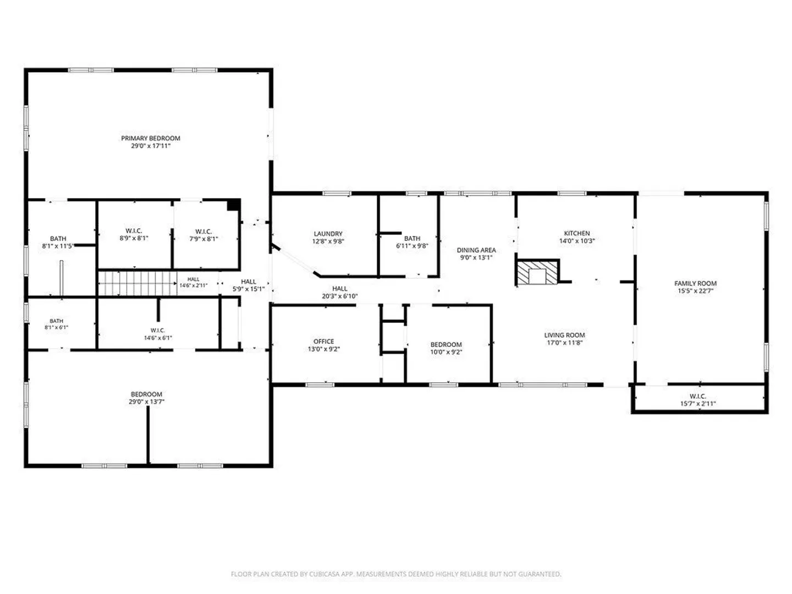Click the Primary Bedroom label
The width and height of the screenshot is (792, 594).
click(151, 138)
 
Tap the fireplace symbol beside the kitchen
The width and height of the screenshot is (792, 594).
click(537, 272)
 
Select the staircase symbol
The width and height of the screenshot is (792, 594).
click(137, 283)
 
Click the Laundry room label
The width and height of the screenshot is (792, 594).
click(328, 234)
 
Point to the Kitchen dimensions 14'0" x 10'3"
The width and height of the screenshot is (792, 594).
click(577, 241)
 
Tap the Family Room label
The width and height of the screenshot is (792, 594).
click(695, 283)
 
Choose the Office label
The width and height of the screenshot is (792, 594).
click(323, 341)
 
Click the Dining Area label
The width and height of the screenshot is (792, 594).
click(476, 250)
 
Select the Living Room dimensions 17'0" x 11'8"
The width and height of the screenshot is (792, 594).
click(565, 343)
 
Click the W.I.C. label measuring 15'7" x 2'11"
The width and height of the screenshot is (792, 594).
click(698, 397)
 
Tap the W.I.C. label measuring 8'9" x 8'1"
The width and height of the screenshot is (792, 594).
click(134, 231)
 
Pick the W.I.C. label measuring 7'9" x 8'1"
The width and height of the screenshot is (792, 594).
click(204, 232)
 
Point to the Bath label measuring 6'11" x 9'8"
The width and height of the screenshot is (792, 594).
click(412, 238)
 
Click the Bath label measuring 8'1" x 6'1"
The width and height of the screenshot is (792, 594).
click(56, 321)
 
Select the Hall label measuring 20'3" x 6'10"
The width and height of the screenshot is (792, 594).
click(339, 289)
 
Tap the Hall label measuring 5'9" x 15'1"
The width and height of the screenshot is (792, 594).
click(249, 282)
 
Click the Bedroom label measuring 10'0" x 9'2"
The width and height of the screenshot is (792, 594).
click(446, 344)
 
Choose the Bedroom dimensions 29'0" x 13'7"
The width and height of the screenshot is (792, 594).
click(146, 402)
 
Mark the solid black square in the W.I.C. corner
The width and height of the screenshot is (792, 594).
click(233, 205)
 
